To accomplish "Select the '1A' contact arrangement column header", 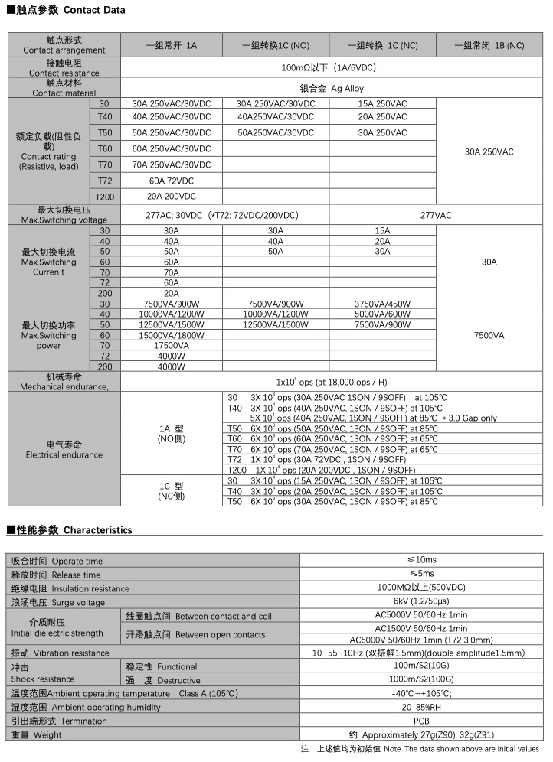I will (172, 45).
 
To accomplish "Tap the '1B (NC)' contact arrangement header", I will (489, 45).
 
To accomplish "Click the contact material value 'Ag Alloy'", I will (337, 89).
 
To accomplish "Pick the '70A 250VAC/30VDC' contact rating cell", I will (172, 164).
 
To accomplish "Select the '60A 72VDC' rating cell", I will (172, 181).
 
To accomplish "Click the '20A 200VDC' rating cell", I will (172, 197).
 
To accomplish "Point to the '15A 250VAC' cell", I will (382, 104).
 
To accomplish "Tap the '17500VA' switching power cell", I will (172, 345).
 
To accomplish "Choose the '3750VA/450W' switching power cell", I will (382, 304).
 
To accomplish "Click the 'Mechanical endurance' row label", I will (64, 382).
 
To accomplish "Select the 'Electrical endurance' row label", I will (64, 450).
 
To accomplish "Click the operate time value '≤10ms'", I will (421, 561).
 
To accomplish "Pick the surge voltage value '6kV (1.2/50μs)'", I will (421, 602).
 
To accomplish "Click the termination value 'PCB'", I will (421, 721).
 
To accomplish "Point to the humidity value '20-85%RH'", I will (421, 708).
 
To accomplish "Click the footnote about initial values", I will (420, 749).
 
